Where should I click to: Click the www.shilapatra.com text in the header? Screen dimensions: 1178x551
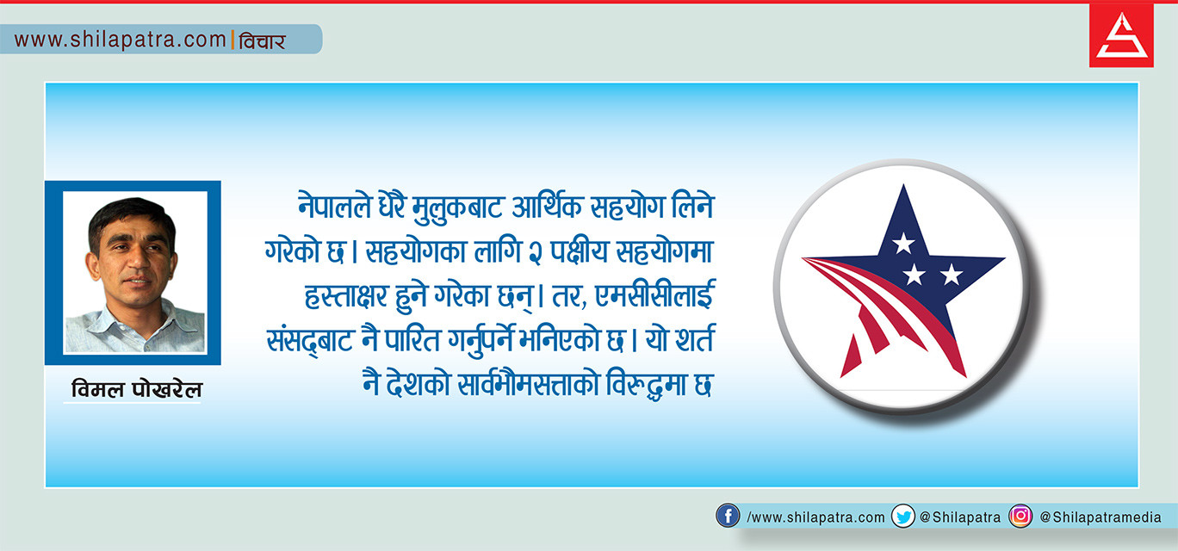pyautogui.click(x=120, y=40)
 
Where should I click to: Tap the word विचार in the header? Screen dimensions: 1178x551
pyautogui.click(x=262, y=40)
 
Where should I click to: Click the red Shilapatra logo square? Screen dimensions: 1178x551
pyautogui.click(x=1121, y=36)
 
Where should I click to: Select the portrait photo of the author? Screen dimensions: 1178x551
pyautogui.click(x=134, y=272)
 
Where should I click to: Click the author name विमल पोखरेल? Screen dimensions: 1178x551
pyautogui.click(x=136, y=389)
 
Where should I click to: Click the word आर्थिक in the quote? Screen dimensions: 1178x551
pyautogui.click(x=547, y=206)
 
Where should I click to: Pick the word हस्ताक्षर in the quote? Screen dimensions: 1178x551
pyautogui.click(x=346, y=295)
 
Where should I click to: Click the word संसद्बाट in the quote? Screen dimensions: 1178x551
pyautogui.click(x=309, y=341)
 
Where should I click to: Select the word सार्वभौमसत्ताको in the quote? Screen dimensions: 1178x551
pyautogui.click(x=528, y=384)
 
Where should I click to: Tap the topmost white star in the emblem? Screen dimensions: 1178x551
pyautogui.click(x=903, y=243)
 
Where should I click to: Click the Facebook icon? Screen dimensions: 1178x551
pyautogui.click(x=728, y=516)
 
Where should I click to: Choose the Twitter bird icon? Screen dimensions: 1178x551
pyautogui.click(x=903, y=517)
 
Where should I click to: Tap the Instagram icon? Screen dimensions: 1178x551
pyautogui.click(x=1020, y=516)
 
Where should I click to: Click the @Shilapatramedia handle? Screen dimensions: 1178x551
pyautogui.click(x=1100, y=517)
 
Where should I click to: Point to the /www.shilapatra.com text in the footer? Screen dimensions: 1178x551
pyautogui.click(x=815, y=517)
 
